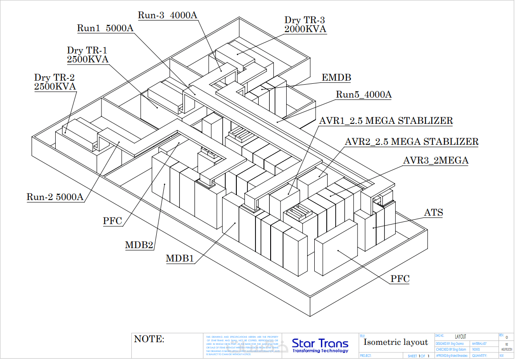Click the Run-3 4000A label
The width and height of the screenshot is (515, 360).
click(x=167, y=15)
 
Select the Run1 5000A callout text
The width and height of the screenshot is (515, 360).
click(x=105, y=29)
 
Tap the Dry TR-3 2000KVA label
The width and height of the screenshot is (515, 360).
click(x=305, y=25)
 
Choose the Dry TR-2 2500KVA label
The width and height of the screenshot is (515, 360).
click(x=55, y=82)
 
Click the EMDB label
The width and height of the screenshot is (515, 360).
click(x=336, y=78)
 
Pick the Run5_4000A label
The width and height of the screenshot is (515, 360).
click(x=364, y=94)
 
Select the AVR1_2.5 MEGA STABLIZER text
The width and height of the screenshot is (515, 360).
click(x=386, y=121)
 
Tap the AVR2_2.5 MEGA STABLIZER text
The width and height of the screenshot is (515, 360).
click(x=412, y=142)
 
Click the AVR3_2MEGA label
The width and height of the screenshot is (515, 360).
click(x=435, y=160)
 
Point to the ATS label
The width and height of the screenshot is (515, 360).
click(x=433, y=213)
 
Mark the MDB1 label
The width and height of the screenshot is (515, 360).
click(x=180, y=258)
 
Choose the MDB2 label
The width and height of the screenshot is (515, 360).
click(x=139, y=245)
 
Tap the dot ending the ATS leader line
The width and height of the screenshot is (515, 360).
click(x=373, y=228)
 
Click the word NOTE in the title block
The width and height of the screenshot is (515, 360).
click(x=149, y=340)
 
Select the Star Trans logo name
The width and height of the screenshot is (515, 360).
click(x=320, y=343)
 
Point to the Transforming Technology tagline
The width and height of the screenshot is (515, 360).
click(x=320, y=351)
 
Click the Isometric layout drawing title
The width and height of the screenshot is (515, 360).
click(x=395, y=342)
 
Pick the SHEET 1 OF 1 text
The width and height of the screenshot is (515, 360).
click(x=418, y=356)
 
